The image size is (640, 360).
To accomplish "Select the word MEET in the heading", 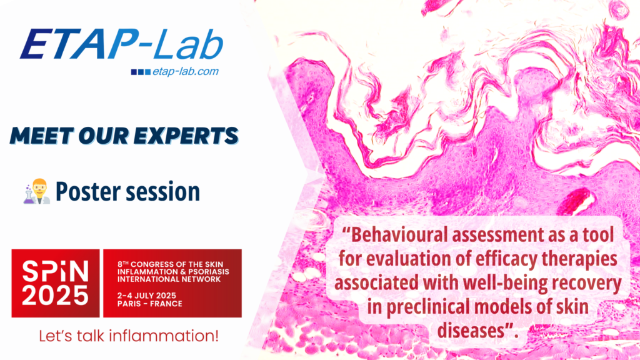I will [x=39, y=135].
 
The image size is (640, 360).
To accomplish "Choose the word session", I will [x=164, y=191].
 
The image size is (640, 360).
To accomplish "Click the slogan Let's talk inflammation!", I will [x=128, y=336].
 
